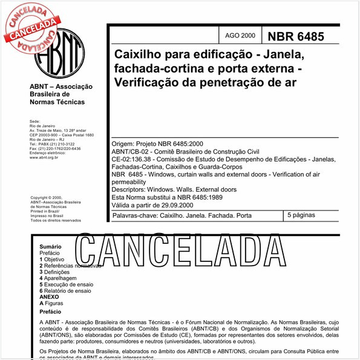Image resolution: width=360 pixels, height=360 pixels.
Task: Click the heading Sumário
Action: (51, 247)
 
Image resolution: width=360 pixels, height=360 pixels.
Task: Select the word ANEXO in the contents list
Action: (50, 297)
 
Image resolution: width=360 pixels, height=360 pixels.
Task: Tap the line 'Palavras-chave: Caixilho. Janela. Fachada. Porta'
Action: (182, 215)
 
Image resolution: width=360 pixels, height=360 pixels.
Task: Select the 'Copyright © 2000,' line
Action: (46, 198)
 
